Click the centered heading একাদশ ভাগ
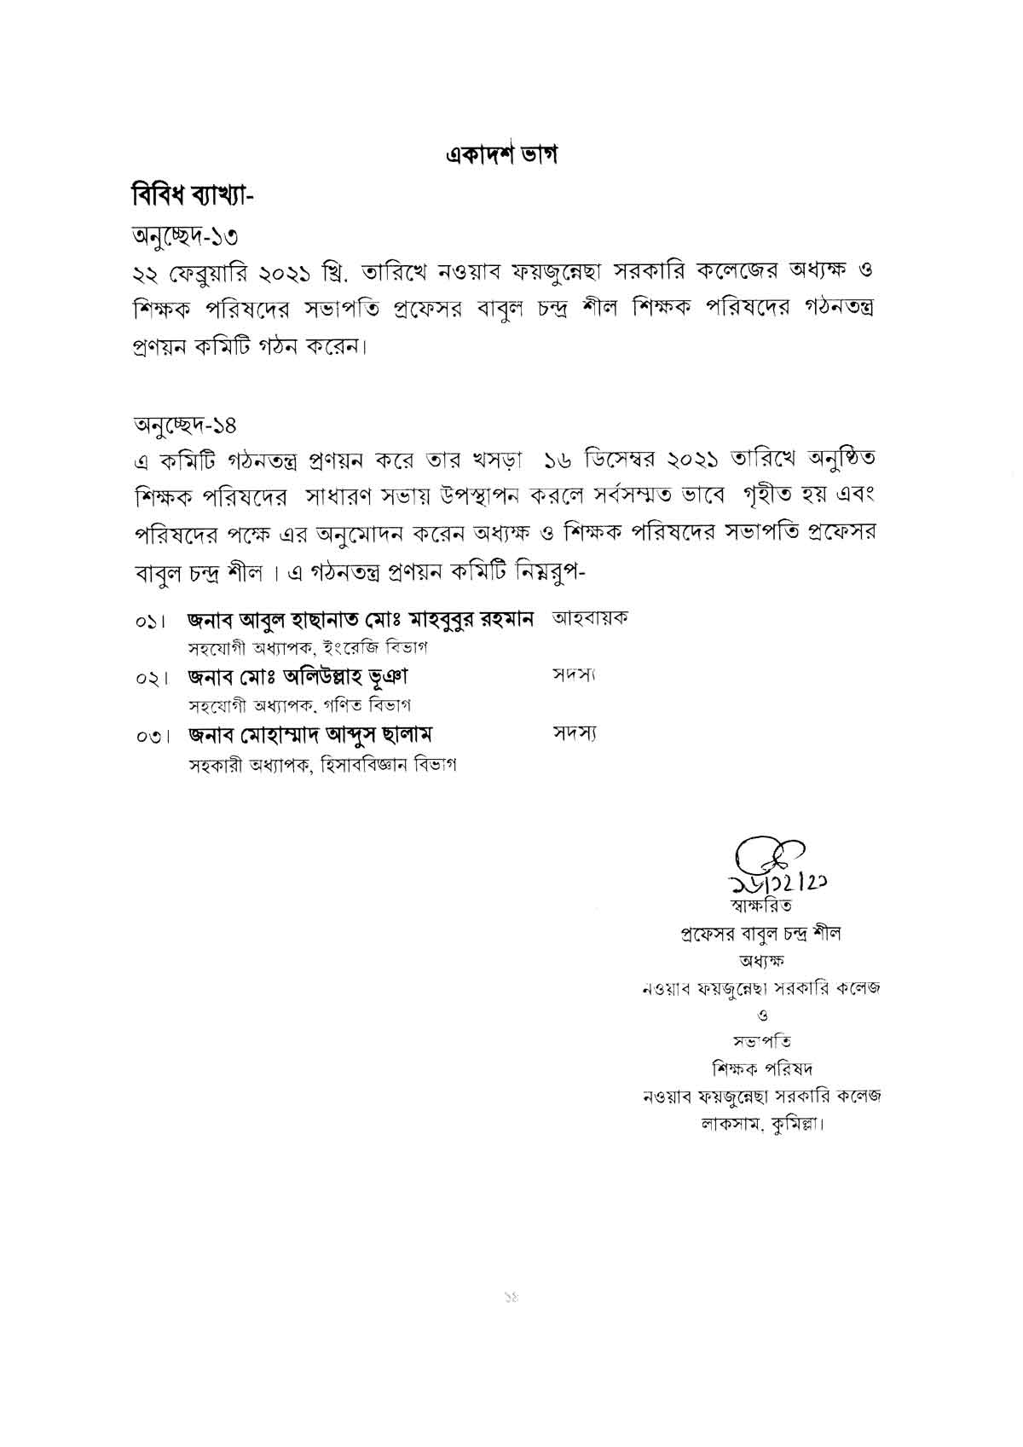pyautogui.click(x=500, y=156)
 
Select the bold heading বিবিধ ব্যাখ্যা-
pyautogui.click(x=192, y=195)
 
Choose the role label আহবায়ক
pyautogui.click(x=590, y=618)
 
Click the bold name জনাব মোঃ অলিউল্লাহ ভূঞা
pyautogui.click(x=298, y=678)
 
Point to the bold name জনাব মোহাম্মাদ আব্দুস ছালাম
pyautogui.click(x=312, y=734)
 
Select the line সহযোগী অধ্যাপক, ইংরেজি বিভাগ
pyautogui.click(x=308, y=648)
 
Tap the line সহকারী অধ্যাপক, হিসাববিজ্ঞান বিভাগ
pyautogui.click(x=322, y=765)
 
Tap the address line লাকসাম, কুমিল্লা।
pyautogui.click(x=762, y=1123)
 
